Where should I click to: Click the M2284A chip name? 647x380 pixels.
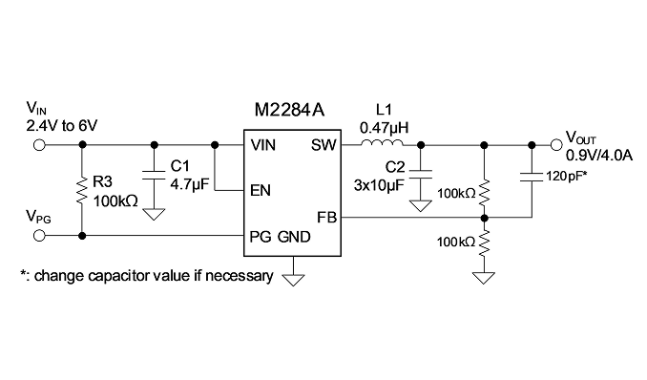click(x=289, y=110)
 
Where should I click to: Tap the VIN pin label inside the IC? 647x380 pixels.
click(x=262, y=145)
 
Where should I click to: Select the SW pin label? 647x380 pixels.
click(x=323, y=145)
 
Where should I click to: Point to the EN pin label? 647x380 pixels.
click(x=261, y=190)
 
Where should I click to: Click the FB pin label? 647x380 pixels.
click(x=326, y=218)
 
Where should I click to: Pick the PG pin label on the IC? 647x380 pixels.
click(x=261, y=237)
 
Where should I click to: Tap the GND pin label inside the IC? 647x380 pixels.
click(x=294, y=237)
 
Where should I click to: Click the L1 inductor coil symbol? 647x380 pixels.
click(x=382, y=143)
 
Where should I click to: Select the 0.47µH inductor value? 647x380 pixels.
click(x=385, y=128)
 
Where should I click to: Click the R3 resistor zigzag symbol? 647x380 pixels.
click(x=82, y=190)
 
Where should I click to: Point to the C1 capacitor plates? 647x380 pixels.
click(x=154, y=175)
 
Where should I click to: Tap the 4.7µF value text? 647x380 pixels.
click(x=190, y=183)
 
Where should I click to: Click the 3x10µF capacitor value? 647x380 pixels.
click(x=379, y=185)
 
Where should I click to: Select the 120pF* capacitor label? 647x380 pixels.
click(x=567, y=177)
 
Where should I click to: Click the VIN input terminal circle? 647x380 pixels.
click(x=39, y=145)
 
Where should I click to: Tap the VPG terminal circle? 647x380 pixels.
click(x=39, y=236)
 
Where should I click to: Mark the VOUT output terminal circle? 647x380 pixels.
click(x=556, y=145)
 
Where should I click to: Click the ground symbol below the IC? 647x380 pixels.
click(x=293, y=280)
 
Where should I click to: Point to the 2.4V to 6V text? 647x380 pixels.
click(x=62, y=126)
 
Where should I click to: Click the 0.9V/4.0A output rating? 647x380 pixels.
click(x=599, y=156)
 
